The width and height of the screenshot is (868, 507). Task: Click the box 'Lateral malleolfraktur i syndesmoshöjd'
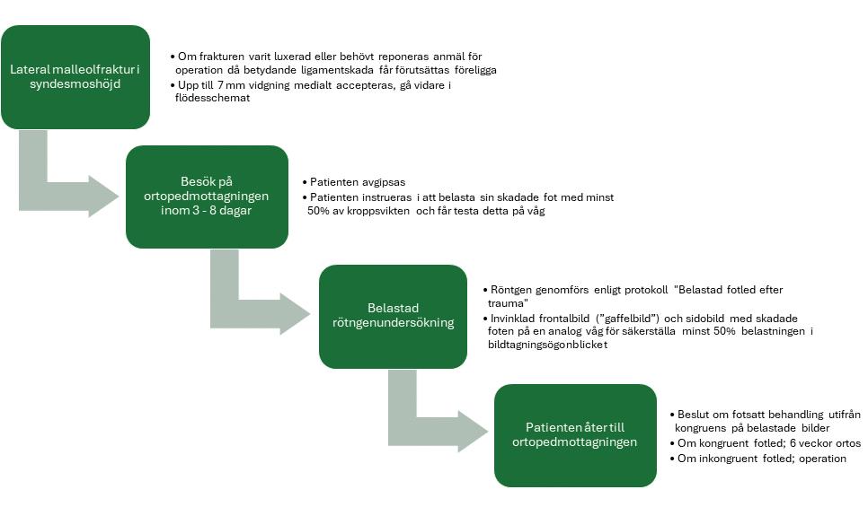pyautogui.click(x=75, y=76)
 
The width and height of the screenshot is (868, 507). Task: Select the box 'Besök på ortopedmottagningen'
pyautogui.click(x=207, y=196)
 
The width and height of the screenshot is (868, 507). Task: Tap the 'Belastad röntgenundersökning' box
pyautogui.click(x=393, y=316)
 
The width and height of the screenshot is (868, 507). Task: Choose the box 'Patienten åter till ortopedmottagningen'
pyautogui.click(x=575, y=435)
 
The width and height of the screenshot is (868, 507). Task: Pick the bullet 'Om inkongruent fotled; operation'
pyautogui.click(x=762, y=459)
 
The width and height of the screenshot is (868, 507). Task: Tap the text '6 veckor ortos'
pyautogui.click(x=822, y=443)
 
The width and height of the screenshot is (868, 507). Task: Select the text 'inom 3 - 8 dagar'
pyautogui.click(x=207, y=210)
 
